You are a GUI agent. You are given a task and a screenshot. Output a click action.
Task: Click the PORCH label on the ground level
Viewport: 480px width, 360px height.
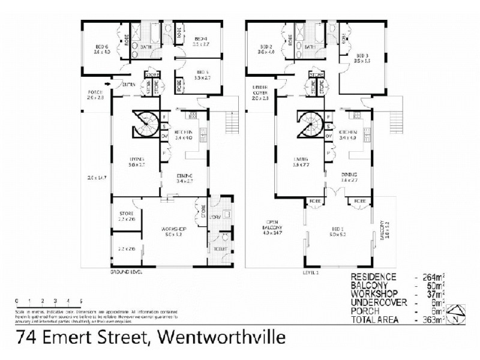tap(95, 92)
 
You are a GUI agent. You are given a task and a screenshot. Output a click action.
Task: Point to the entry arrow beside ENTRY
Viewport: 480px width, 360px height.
tap(108, 84)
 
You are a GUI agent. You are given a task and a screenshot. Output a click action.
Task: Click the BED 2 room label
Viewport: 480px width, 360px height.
tap(267, 47)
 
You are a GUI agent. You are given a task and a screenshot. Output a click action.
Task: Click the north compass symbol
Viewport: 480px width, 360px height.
tap(458, 313)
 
